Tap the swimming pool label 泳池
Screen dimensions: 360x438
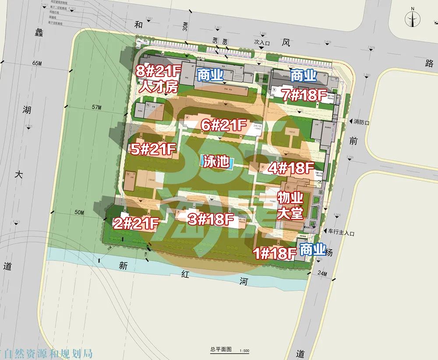click(216, 161)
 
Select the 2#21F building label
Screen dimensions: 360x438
click(136, 223)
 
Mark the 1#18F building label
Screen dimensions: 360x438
click(275, 253)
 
